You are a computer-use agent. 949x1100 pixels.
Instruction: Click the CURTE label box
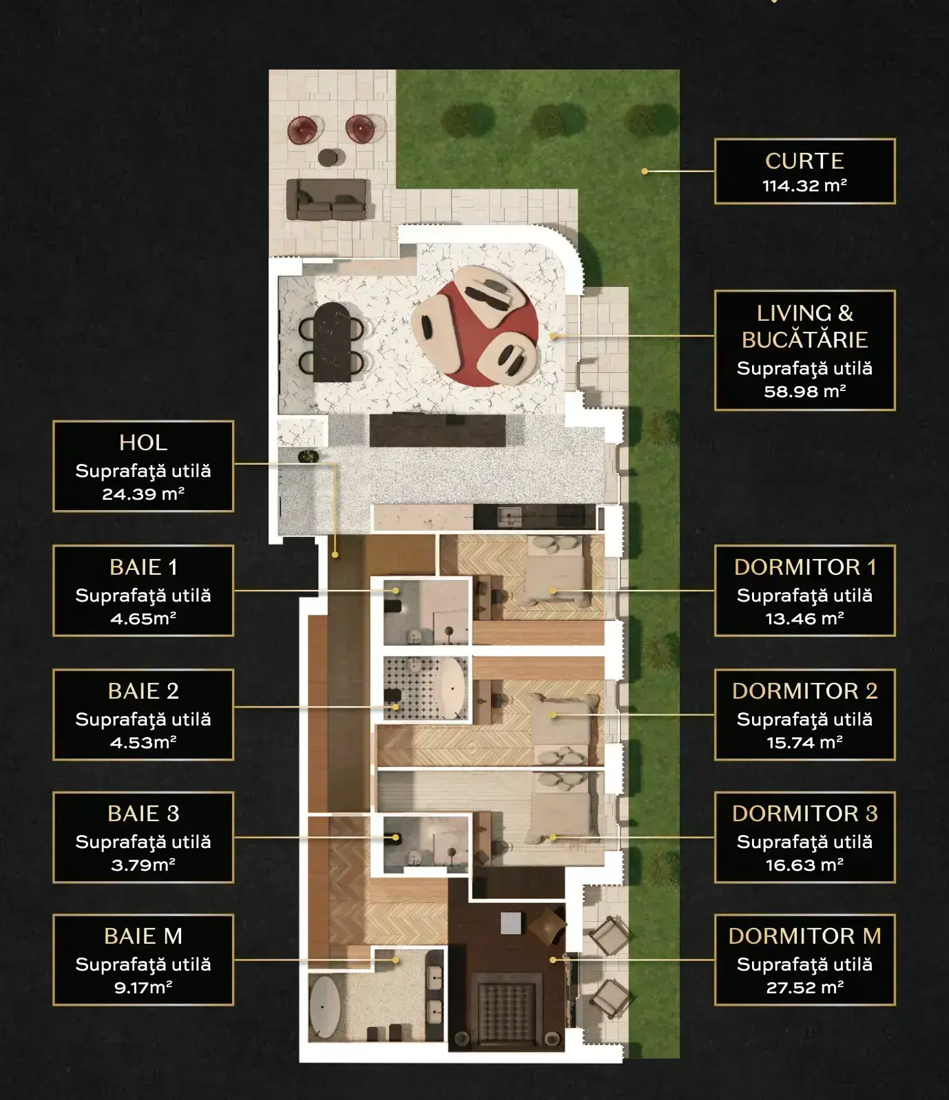click(x=804, y=171)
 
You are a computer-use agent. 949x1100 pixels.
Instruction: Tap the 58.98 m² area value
click(x=804, y=392)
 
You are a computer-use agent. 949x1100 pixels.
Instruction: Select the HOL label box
click(x=143, y=466)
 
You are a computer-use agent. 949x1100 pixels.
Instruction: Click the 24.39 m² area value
click(x=143, y=494)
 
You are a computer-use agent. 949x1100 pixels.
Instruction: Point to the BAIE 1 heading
click(x=143, y=567)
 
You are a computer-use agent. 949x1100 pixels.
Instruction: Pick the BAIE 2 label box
click(x=143, y=715)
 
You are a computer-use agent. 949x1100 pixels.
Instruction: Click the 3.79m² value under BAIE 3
click(x=143, y=865)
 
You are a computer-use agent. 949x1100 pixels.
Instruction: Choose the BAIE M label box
click(x=143, y=960)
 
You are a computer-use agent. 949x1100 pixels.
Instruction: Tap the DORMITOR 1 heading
click(x=804, y=567)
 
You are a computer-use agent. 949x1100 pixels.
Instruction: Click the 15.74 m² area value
click(x=804, y=742)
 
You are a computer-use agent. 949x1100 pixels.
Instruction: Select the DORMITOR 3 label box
click(x=804, y=837)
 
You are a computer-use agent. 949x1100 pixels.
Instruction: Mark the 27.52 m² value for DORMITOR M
click(x=804, y=987)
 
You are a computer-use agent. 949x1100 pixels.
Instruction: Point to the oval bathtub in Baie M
click(x=324, y=1007)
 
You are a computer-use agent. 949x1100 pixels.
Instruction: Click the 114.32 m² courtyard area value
click(x=804, y=185)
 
